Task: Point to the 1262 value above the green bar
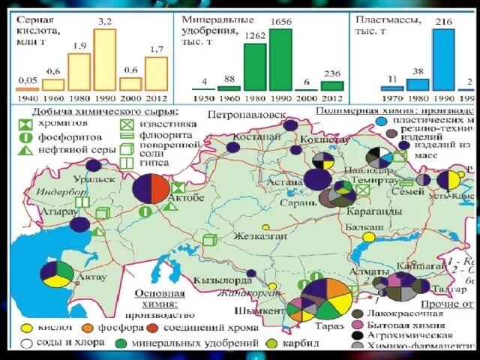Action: [256, 35]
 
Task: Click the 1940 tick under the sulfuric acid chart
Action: [26, 97]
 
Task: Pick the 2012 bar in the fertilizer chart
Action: [331, 85]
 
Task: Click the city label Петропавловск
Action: [247, 116]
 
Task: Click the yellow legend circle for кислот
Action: [26, 328]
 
